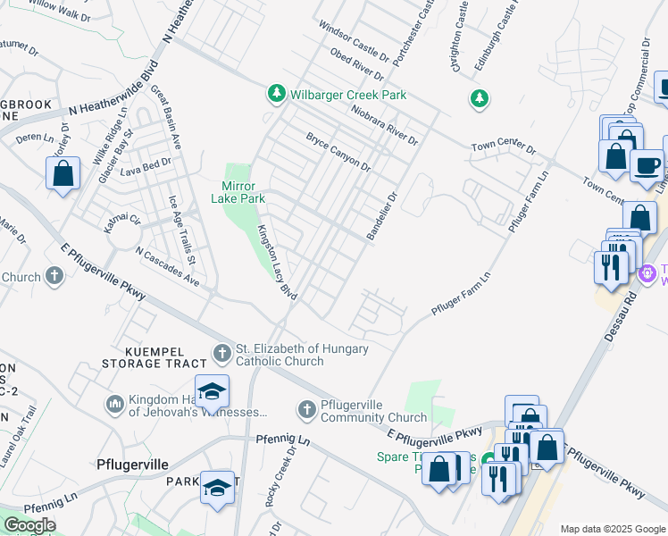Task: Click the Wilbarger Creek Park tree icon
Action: coord(277,94)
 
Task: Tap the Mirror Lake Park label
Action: coord(238,192)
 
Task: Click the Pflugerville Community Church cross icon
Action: coord(306,409)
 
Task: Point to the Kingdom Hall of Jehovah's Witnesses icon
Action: coord(113,405)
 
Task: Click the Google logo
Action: coord(29,525)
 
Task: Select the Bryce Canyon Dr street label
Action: coord(338,152)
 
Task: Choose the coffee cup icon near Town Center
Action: coord(646,165)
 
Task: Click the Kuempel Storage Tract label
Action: coord(154,357)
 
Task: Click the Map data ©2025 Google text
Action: coord(613,529)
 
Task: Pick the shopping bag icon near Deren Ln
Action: coord(63,173)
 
